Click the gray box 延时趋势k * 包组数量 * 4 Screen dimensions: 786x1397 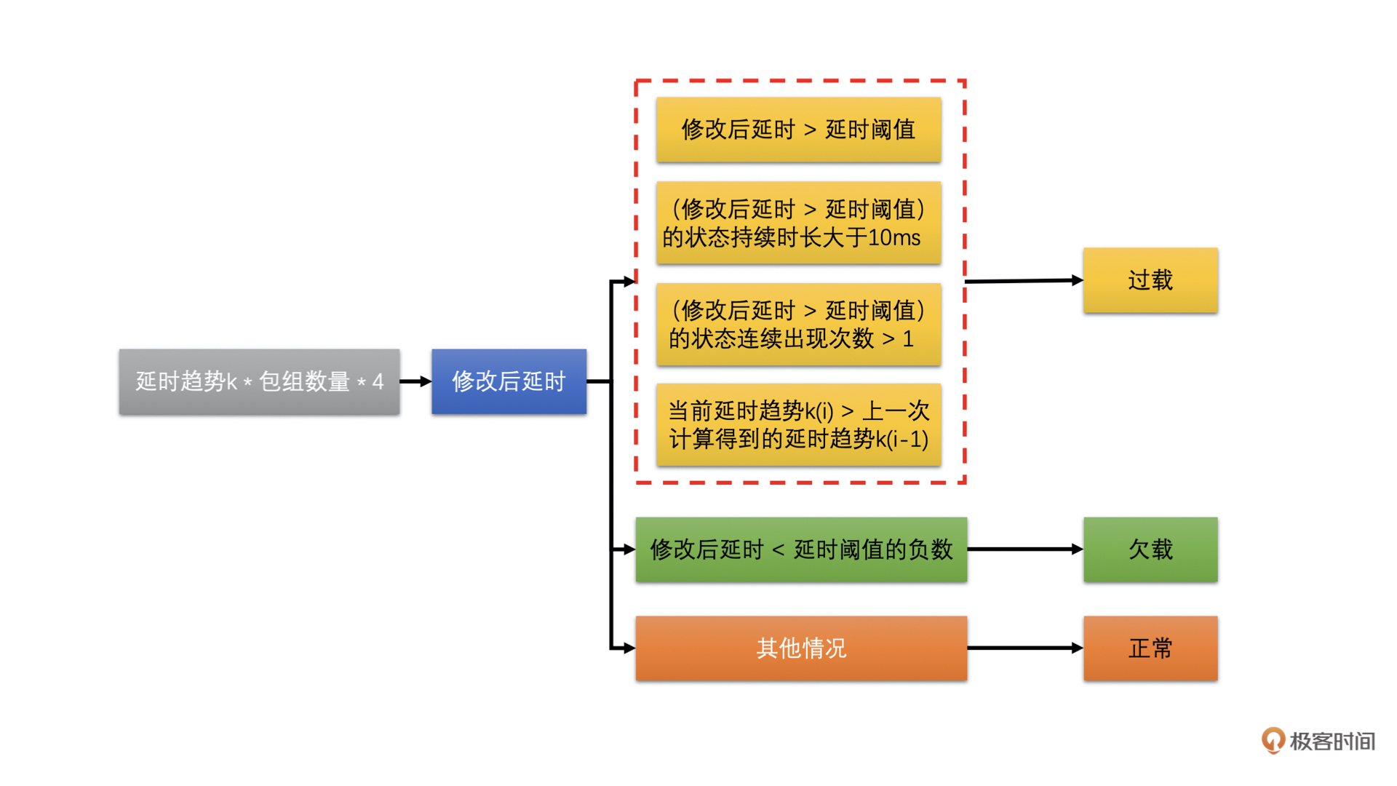click(x=259, y=381)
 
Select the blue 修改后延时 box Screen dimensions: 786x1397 click(x=509, y=381)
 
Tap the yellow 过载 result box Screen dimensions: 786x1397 click(x=1150, y=280)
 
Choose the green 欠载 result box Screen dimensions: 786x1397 click(x=1150, y=549)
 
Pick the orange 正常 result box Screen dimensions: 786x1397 click(x=1150, y=648)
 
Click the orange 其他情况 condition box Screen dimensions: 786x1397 click(x=800, y=648)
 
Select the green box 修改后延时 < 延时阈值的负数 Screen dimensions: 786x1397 click(x=800, y=549)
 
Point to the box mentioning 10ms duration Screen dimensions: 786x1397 click(x=798, y=223)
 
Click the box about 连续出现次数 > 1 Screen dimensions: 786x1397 click(x=798, y=324)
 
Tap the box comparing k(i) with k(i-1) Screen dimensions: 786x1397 click(x=798, y=424)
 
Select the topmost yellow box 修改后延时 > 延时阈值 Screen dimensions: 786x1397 click(x=798, y=130)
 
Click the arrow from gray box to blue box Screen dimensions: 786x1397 click(x=415, y=381)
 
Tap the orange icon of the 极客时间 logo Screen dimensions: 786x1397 click(x=1273, y=740)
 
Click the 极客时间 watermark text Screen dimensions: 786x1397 click(x=1332, y=742)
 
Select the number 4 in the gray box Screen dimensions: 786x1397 click(x=378, y=381)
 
